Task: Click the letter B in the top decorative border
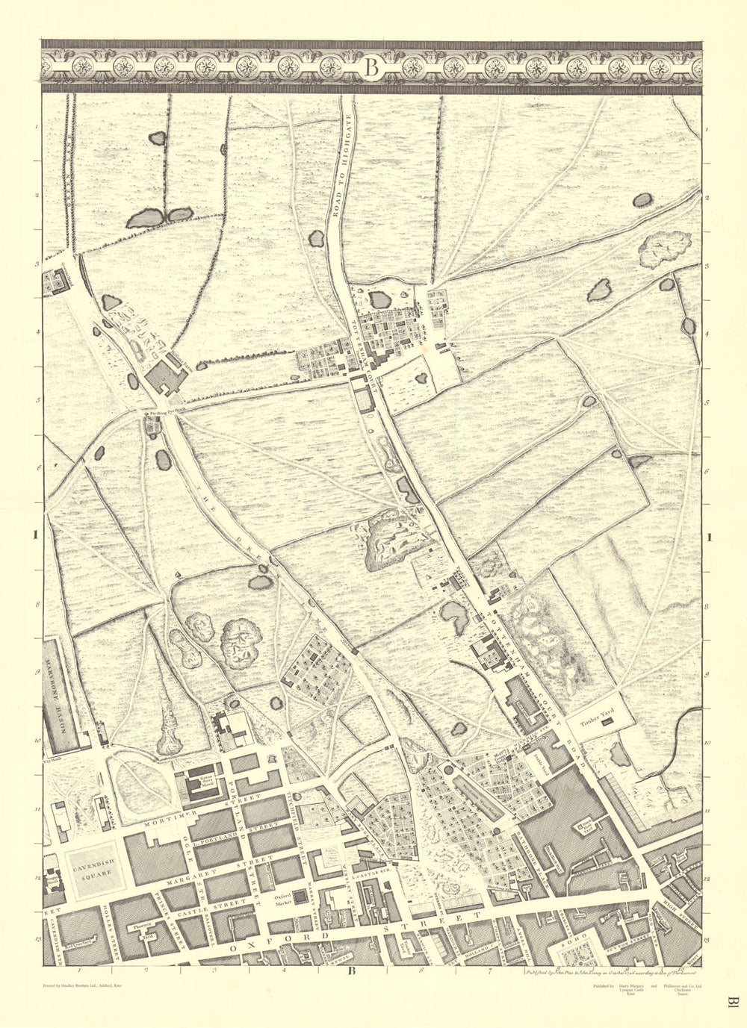point(373,67)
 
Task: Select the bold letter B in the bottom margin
point(350,971)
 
